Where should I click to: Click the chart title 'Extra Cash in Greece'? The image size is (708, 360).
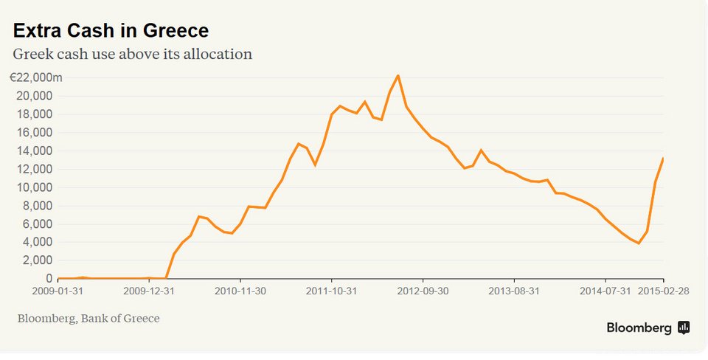point(111,30)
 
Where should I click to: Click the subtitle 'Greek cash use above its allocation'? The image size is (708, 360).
point(133,54)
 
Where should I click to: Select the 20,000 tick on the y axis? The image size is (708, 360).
point(33,96)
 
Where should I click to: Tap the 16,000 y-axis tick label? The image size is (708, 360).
point(33,133)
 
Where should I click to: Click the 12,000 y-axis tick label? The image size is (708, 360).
point(33,169)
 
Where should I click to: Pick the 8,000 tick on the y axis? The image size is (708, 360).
point(36,206)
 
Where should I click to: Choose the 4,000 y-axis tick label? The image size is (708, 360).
point(36,242)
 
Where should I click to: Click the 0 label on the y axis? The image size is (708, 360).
point(49,279)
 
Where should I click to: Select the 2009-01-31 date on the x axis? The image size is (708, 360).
point(57,291)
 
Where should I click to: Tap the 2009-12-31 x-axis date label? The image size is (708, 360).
point(148,291)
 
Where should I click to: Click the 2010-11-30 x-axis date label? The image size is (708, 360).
point(240,291)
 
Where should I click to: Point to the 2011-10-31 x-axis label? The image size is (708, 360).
point(331,291)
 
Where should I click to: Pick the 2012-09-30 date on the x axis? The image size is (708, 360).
point(423,291)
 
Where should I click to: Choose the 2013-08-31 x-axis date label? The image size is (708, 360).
point(514,291)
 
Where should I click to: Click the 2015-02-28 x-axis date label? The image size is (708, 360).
point(663,291)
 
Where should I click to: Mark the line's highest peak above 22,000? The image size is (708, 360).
point(398,75)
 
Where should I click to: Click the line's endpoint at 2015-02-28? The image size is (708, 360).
point(663,159)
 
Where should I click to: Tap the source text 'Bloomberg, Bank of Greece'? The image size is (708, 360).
point(88,318)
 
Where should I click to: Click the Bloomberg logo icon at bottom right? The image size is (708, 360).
point(684,328)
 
